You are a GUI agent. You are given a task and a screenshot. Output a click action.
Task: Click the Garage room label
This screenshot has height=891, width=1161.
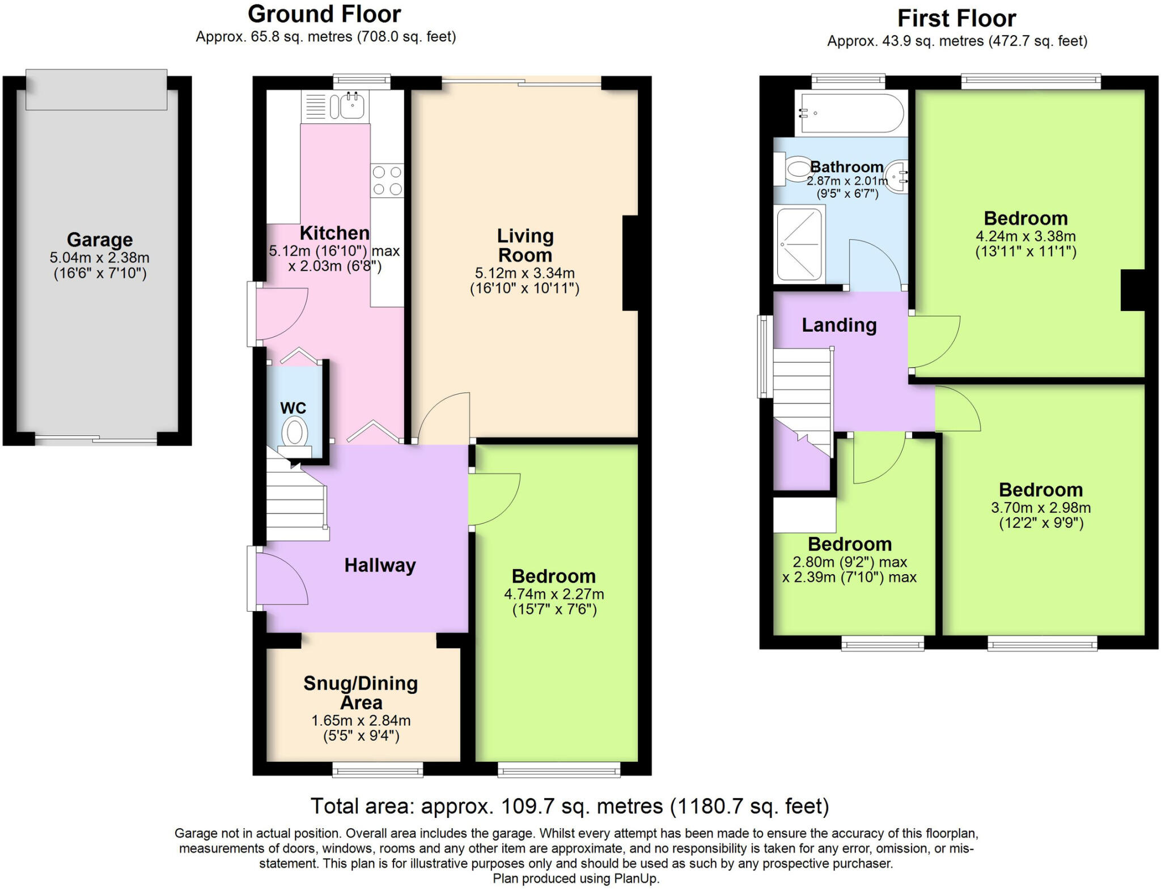pyautogui.click(x=100, y=240)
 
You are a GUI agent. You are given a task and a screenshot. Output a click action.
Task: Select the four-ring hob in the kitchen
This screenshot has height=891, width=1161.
pyautogui.click(x=387, y=180)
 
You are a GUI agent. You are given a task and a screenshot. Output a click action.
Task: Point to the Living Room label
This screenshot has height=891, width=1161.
pyautogui.click(x=525, y=245)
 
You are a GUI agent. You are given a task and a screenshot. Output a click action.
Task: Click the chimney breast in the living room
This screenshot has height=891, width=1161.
pyautogui.click(x=630, y=263)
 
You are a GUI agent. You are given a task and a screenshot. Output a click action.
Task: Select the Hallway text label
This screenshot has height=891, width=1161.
pyautogui.click(x=380, y=565)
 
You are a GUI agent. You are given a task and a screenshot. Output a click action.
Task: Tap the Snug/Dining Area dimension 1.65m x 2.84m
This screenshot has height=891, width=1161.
pyautogui.click(x=361, y=720)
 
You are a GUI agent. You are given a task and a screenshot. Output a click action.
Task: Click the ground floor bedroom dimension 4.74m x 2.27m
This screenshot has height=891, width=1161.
pyautogui.click(x=554, y=594)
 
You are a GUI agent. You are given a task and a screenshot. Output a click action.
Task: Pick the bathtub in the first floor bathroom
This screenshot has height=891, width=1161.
pyautogui.click(x=850, y=113)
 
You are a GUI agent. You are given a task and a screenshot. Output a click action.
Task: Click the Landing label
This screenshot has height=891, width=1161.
pyautogui.click(x=839, y=325)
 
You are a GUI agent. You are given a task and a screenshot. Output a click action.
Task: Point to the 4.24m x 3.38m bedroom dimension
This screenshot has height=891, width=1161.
pyautogui.click(x=1026, y=236)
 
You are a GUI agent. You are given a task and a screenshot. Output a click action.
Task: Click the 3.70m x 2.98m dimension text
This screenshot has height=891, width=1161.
pyautogui.click(x=1041, y=507)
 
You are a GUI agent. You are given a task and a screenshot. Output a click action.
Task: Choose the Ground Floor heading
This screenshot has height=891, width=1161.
pyautogui.click(x=324, y=14)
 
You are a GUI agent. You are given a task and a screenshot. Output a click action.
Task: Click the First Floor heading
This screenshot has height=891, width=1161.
pyautogui.click(x=956, y=19)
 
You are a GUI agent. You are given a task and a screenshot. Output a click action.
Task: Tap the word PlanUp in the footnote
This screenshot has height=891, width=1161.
pyautogui.click(x=636, y=879)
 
